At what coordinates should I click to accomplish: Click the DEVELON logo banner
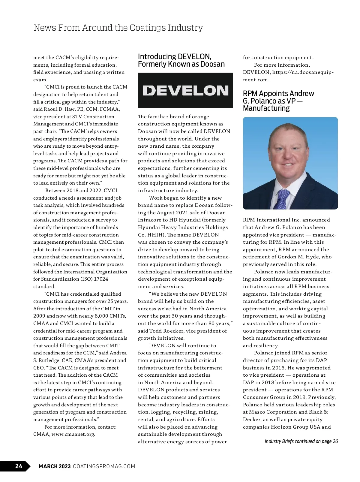click(185, 90)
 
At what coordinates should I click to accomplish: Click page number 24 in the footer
click(19, 466)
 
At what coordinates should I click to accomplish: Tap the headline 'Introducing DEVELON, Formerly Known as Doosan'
click(181, 60)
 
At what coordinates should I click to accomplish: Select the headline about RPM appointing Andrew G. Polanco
click(278, 101)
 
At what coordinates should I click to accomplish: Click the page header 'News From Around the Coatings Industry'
click(118, 28)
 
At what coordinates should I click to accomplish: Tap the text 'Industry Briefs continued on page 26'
click(301, 441)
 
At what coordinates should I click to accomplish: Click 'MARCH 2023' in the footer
click(55, 466)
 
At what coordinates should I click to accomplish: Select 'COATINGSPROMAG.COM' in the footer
click(104, 466)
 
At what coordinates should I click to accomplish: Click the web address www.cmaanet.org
click(73, 434)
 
